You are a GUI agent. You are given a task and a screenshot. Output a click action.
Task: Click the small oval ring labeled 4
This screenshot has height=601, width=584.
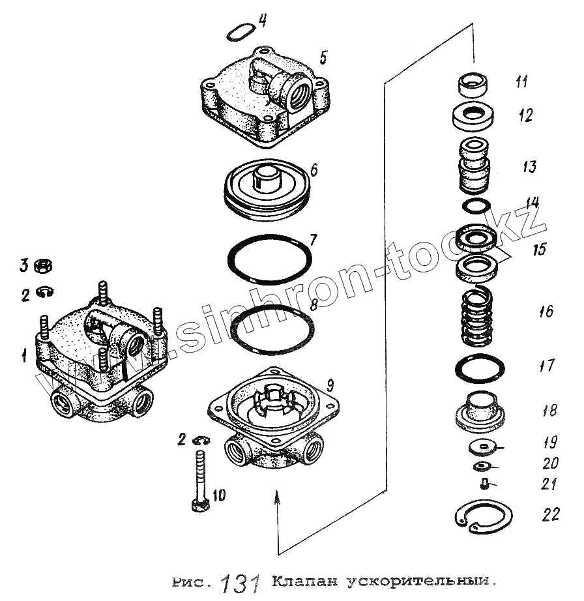point(241,31)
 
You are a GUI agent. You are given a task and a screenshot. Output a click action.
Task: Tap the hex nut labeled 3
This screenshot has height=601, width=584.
point(42,266)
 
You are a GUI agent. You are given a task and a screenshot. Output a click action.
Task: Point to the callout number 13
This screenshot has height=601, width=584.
point(529,166)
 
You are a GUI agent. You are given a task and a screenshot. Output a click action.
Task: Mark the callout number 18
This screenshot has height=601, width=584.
point(549,411)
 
